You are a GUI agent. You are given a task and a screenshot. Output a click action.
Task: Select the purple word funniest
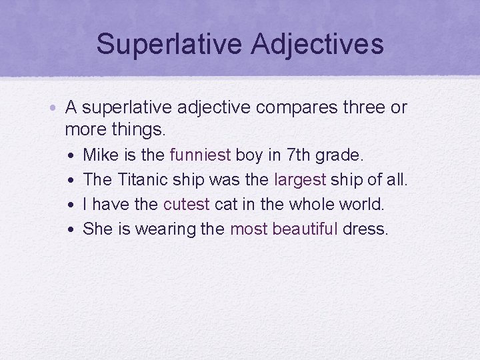pos(201,155)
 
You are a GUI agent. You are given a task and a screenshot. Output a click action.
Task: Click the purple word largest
pos(300,180)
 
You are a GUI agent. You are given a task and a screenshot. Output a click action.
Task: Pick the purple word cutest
pos(187,205)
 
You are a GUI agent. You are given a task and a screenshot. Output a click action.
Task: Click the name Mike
pos(99,155)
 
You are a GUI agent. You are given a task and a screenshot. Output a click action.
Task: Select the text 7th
pos(297,155)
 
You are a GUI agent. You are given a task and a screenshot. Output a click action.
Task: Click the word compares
pos(289,107)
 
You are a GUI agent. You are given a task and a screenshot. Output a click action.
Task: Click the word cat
pos(225,205)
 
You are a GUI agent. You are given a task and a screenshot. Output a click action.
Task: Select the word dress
pos(365,229)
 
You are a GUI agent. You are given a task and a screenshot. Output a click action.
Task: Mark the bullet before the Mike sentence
pos(71,156)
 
